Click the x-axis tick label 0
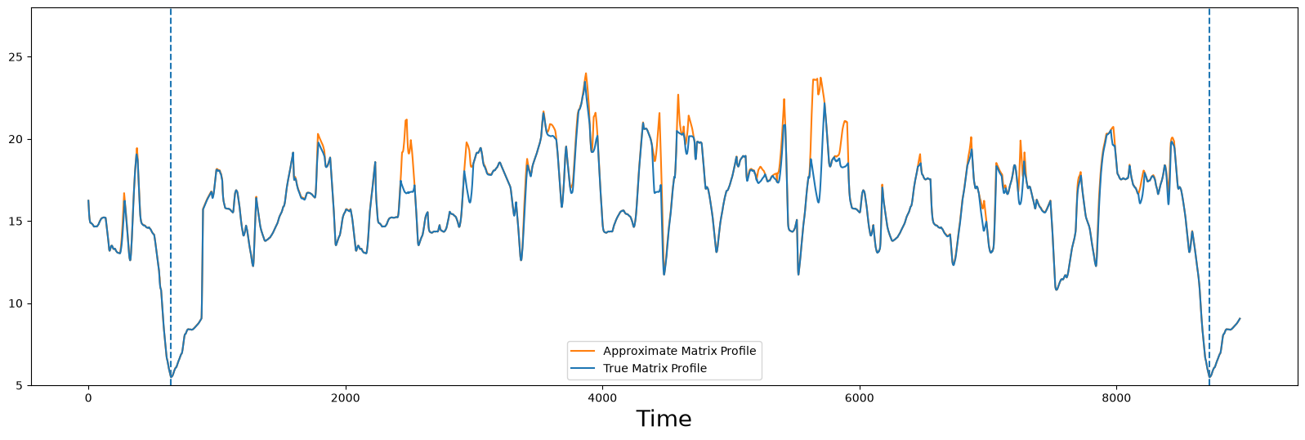88,398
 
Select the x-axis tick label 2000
346,398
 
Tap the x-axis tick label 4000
602,398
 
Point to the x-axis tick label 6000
860,398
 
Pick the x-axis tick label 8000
1117,398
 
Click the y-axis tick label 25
16,57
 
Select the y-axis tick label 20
16,139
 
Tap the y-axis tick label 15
16,222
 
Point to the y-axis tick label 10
16,303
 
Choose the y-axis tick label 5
20,386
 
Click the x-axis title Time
664,419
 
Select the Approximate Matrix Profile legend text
679,351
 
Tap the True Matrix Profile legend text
655,368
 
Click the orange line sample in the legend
583,351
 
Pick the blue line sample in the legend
583,368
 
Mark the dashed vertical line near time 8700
1209,196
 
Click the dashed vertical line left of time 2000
171,196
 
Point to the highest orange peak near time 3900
586,74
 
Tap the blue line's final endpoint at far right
1240,318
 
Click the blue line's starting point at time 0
88,200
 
